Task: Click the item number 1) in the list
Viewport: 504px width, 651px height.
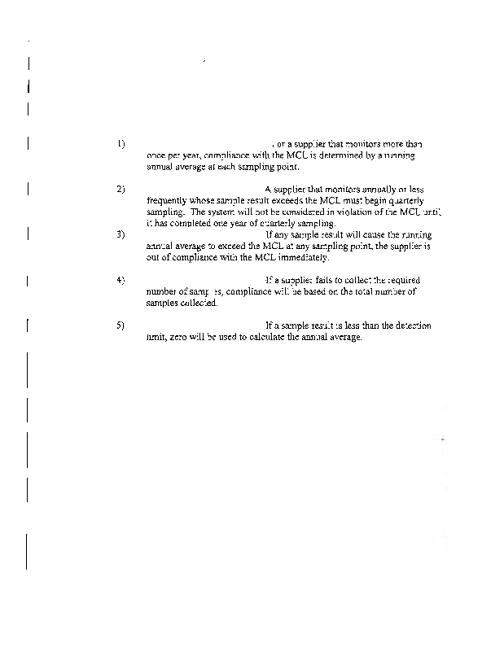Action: tap(121, 143)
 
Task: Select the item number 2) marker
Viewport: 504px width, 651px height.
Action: tap(121, 189)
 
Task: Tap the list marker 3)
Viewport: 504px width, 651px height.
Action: tap(121, 234)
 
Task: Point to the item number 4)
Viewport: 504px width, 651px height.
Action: tap(121, 280)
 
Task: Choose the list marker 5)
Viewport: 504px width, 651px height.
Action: tap(121, 325)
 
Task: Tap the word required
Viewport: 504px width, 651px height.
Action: tap(403, 280)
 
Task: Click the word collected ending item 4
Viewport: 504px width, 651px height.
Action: tap(195, 303)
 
